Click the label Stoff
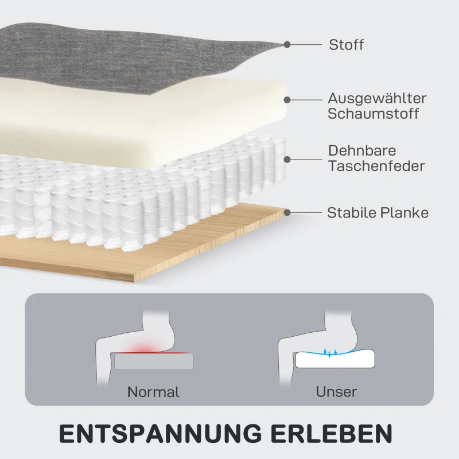(x=347, y=45)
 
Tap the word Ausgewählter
(x=377, y=98)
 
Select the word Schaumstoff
(x=374, y=114)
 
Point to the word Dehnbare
(x=362, y=151)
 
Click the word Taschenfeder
(x=376, y=166)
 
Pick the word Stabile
(x=348, y=213)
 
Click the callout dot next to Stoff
(x=287, y=45)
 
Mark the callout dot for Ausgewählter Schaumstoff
(x=287, y=100)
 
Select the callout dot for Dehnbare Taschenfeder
(x=287, y=160)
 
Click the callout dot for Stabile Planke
(x=287, y=212)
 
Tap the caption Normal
(x=153, y=392)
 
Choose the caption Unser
(x=336, y=392)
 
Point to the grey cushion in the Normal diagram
(x=154, y=361)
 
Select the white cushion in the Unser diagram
(x=335, y=359)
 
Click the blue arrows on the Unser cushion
(x=330, y=352)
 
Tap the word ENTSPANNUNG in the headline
(x=161, y=434)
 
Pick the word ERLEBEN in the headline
(x=332, y=434)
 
